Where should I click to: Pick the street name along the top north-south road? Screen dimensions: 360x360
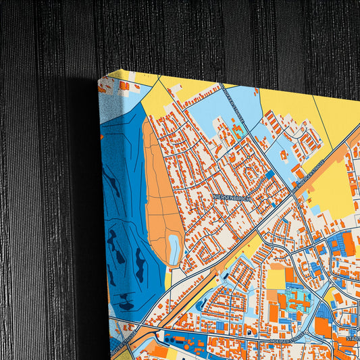tap(234, 109)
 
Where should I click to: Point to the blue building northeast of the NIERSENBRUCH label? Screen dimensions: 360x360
tap(269, 174)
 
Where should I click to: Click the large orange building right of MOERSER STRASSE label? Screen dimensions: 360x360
tap(323, 328)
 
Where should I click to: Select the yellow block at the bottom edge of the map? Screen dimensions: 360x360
tap(172, 354)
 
